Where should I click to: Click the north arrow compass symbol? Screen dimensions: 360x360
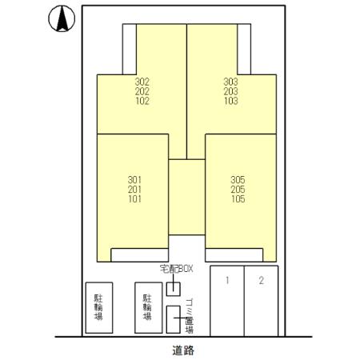click(x=62, y=18)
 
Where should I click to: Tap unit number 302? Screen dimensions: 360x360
click(x=142, y=82)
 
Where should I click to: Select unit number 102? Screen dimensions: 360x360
click(x=142, y=101)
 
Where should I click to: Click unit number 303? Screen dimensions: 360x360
click(x=230, y=82)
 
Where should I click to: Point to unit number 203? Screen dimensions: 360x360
click(x=230, y=91)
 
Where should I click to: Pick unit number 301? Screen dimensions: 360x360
click(x=134, y=180)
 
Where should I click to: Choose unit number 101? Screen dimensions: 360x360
click(x=134, y=199)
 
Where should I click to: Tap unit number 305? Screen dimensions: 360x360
click(x=238, y=180)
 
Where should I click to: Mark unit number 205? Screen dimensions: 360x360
click(x=238, y=190)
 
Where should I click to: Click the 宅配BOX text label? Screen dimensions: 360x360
click(x=176, y=269)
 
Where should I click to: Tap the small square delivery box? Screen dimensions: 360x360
click(x=174, y=289)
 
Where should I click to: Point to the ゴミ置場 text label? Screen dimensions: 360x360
click(x=189, y=316)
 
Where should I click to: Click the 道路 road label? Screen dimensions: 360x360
click(x=183, y=350)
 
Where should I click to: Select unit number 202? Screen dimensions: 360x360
click(x=142, y=91)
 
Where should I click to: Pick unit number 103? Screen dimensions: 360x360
click(x=230, y=101)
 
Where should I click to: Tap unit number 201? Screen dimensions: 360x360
click(x=134, y=190)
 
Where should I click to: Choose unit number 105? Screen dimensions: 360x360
click(x=238, y=199)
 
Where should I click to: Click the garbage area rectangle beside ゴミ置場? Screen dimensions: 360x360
click(x=174, y=319)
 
